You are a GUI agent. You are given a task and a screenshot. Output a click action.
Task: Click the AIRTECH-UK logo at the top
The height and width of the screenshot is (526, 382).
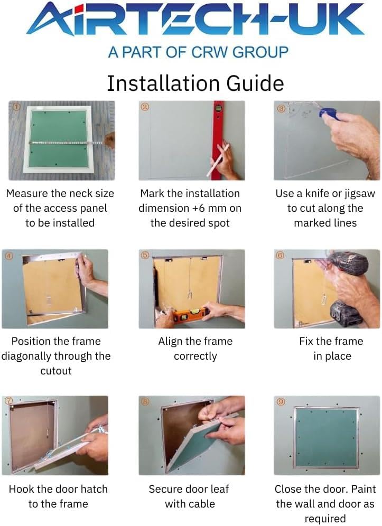point(195,20)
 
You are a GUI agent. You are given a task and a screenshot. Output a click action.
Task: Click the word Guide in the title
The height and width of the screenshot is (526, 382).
point(255,83)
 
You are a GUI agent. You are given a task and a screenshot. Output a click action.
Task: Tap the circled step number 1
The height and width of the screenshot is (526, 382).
point(16,107)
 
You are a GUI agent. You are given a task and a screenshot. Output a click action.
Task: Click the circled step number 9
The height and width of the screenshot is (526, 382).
point(281,401)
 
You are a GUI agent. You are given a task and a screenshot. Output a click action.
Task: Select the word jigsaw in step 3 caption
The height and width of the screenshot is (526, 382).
point(358,194)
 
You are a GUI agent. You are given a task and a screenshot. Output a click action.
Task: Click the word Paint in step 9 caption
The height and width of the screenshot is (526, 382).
point(364,489)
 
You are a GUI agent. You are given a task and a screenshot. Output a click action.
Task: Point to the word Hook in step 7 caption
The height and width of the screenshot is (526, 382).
point(22,489)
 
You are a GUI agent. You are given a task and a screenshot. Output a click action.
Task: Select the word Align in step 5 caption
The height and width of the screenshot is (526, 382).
point(170,342)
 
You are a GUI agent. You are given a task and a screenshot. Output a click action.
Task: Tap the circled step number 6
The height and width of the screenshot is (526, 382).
point(280,255)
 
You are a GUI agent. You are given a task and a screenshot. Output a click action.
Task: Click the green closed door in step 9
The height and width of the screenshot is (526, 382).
point(327,437)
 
